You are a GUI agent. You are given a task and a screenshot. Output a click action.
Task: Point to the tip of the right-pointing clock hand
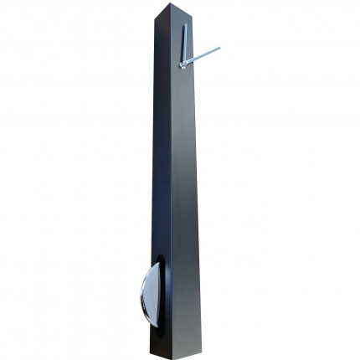pyautogui.click(x=219, y=48)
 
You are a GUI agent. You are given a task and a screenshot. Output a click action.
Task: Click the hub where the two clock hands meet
pyautogui.click(x=183, y=64)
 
